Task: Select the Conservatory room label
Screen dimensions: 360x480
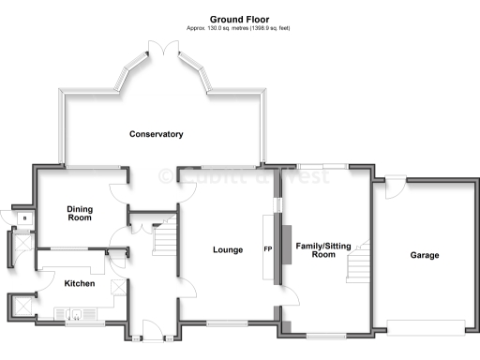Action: click(x=156, y=134)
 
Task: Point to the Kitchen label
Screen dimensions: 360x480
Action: click(x=79, y=283)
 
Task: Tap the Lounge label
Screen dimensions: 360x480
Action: click(x=228, y=250)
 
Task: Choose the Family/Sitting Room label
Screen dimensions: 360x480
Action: click(x=323, y=249)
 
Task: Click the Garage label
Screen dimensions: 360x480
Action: click(x=424, y=255)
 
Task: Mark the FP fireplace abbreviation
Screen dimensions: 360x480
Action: click(x=268, y=250)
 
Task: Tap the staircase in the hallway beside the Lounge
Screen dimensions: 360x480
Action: click(x=165, y=240)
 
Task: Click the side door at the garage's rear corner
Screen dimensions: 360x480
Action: click(x=395, y=187)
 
